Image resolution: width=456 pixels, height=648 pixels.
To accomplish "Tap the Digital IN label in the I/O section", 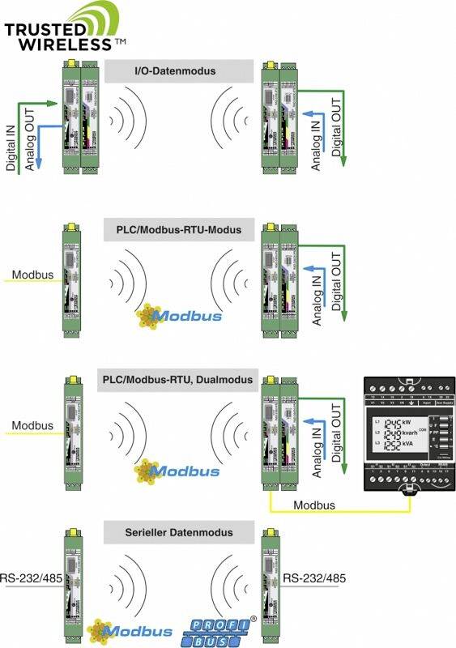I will (11, 139).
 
